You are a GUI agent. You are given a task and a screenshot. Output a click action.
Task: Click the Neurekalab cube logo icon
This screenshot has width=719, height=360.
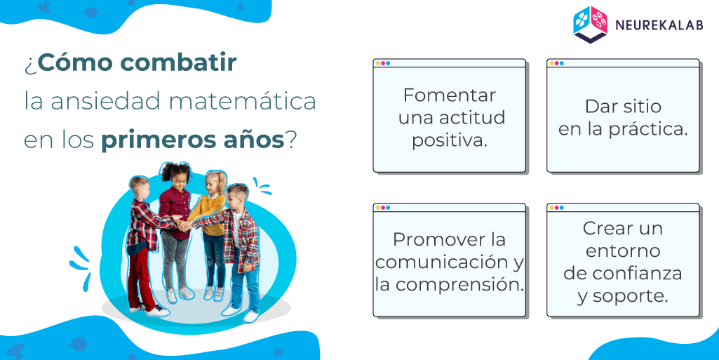[590, 25]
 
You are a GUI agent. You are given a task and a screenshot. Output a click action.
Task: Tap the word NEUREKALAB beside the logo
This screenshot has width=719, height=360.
[659, 25]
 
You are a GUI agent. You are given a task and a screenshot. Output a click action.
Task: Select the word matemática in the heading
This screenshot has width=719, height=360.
[243, 101]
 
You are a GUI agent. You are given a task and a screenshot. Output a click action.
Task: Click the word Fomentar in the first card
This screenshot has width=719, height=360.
[450, 95]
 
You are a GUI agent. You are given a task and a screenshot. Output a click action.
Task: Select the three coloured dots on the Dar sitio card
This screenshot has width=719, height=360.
[557, 63]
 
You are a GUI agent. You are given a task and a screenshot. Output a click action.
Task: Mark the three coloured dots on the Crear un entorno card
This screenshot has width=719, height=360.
[557, 208]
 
